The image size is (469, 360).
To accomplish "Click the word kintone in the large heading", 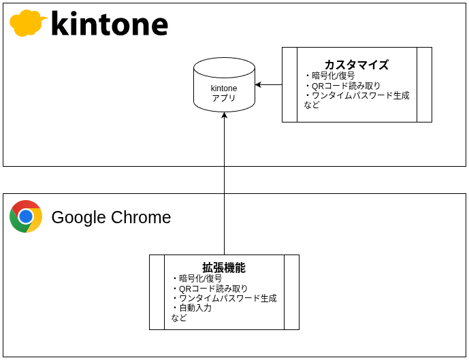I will tap(110, 24).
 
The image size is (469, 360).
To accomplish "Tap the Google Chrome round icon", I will tap(26, 216).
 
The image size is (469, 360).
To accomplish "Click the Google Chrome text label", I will tap(111, 217).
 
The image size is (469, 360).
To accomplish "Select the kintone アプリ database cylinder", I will tap(224, 85).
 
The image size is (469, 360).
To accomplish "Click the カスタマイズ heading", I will tap(356, 65).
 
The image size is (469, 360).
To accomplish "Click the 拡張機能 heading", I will tap(223, 267).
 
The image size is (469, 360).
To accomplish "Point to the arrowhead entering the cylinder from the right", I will tap(258, 85).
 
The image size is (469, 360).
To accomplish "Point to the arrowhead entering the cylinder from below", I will tap(224, 115).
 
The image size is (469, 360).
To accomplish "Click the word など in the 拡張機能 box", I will tap(179, 318).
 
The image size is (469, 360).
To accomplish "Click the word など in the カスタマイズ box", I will tap(312, 105).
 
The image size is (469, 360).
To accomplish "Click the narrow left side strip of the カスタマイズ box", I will tap(289, 85).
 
